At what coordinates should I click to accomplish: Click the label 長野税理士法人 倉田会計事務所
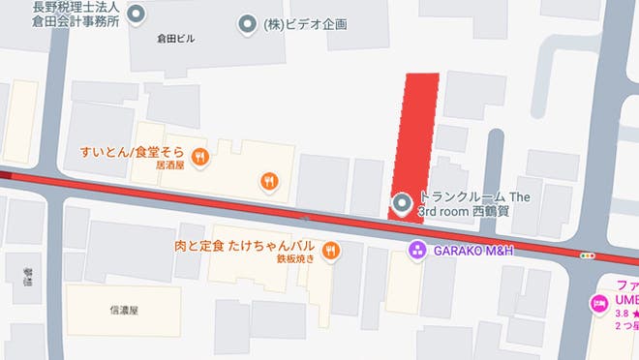[76, 13]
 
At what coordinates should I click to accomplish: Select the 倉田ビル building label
[175, 39]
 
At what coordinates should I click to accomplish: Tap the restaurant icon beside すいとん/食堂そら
[199, 155]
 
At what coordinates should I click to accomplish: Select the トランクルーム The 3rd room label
[474, 203]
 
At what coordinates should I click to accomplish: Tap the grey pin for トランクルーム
[402, 202]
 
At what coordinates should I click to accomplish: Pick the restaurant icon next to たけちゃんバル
[331, 251]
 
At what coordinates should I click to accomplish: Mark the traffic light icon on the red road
[586, 255]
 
